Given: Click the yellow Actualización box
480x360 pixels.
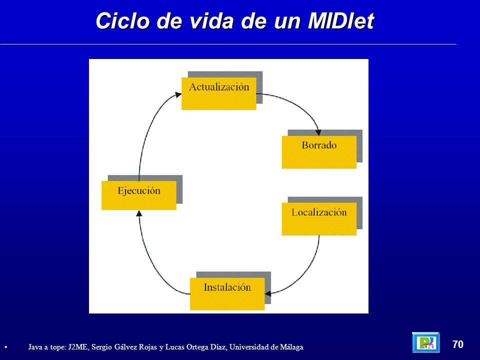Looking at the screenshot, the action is pos(219,93).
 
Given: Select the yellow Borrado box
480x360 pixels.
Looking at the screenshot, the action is pos(319,152).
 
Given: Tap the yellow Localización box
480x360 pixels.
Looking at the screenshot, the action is pos(319,219).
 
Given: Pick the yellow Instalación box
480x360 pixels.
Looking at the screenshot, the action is pos(227,294).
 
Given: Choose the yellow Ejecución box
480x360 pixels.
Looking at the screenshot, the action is pos(139,195).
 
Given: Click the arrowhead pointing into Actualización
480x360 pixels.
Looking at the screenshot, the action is pos(178,94).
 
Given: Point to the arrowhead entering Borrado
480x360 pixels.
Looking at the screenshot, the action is pos(318,132).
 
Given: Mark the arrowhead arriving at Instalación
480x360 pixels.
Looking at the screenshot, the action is pos(268,293).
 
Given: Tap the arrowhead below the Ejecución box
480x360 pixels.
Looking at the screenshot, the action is pos(139,213).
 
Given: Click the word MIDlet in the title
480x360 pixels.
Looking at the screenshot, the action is pos(341,21).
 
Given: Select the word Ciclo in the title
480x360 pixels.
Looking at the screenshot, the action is pos(123,21).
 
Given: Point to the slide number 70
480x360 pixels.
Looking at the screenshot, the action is pos(458,344).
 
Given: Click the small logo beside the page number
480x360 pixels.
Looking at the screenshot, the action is pos(426,342).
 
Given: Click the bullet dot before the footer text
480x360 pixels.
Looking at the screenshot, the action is pos(6,347).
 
